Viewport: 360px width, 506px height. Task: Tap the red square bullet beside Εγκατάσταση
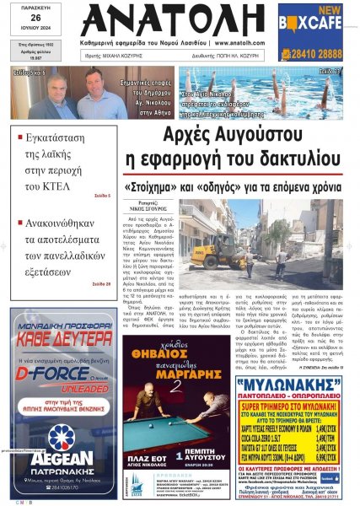coord(19,132)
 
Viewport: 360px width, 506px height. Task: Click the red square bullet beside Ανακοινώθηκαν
coord(19,225)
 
